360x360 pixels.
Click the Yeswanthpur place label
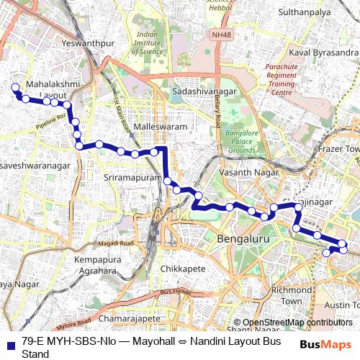(x=89, y=43)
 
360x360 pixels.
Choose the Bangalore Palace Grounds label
(x=241, y=142)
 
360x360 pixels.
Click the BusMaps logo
(x=325, y=344)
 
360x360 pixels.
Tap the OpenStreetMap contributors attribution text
(x=297, y=323)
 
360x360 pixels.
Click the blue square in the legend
(x=10, y=344)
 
